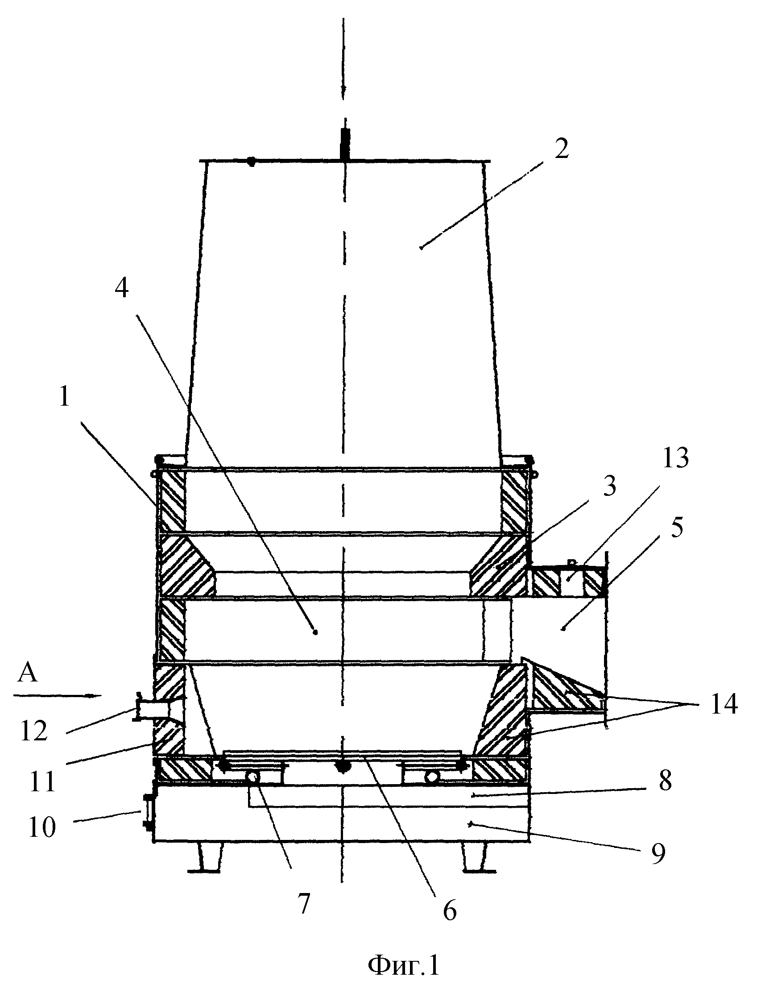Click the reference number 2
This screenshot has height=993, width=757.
click(561, 149)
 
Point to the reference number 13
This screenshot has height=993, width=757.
click(676, 458)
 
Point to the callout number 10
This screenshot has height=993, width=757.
click(42, 827)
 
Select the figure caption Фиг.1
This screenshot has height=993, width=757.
click(403, 965)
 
